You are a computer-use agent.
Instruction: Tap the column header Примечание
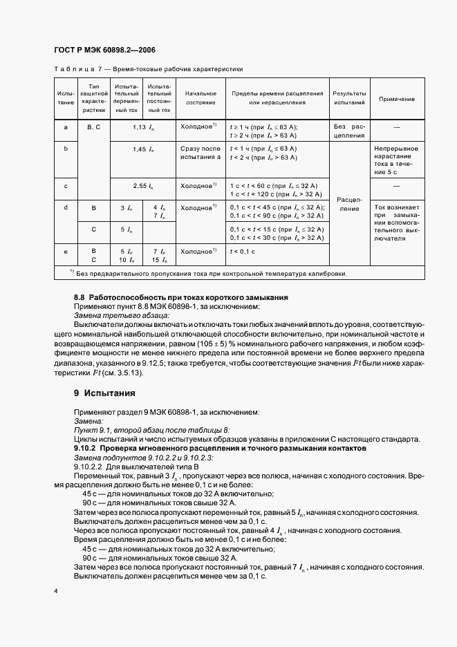click(396, 99)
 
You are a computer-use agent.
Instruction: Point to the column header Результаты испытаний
click(349, 98)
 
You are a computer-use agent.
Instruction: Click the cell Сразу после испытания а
click(200, 153)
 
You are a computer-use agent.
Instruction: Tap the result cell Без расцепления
click(349, 131)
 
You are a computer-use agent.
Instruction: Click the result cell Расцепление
click(349, 203)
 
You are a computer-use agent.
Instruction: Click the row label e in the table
click(66, 252)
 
